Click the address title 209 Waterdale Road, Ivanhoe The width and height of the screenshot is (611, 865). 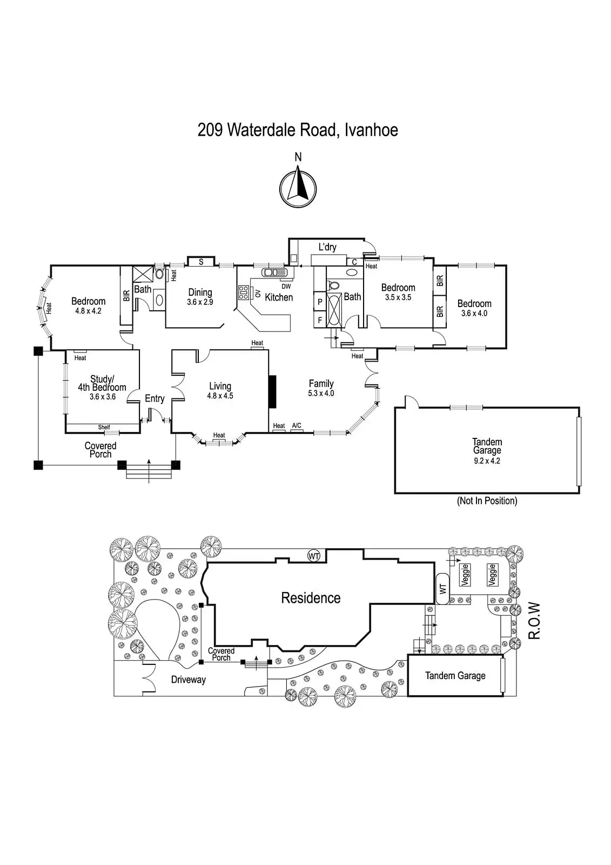pos(298,130)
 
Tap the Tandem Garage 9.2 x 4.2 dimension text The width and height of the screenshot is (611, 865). pos(487,461)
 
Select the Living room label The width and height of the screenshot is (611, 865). pos(220,386)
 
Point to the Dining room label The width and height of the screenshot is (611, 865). pos(200,292)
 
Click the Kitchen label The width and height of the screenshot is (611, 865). pos(279,297)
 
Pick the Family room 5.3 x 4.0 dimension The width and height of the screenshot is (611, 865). pos(321,394)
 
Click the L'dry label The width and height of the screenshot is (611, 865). pos(327,247)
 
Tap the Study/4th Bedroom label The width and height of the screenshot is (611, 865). pos(102,383)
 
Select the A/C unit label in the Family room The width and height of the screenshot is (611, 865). pos(297,426)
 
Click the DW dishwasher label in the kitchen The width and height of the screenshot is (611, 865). pos(286,287)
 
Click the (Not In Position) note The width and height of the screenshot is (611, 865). pos(487,501)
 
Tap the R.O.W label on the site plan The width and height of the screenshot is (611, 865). pos(534,621)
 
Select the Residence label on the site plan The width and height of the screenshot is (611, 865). pos(311,598)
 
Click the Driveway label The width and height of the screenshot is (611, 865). pos(189,680)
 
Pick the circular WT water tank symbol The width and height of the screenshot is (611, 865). pos(314,555)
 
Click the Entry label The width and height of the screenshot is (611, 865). pos(155,398)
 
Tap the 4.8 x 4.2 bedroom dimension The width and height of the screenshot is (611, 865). pos(89,311)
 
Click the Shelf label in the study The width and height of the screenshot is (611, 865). pos(104,427)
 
